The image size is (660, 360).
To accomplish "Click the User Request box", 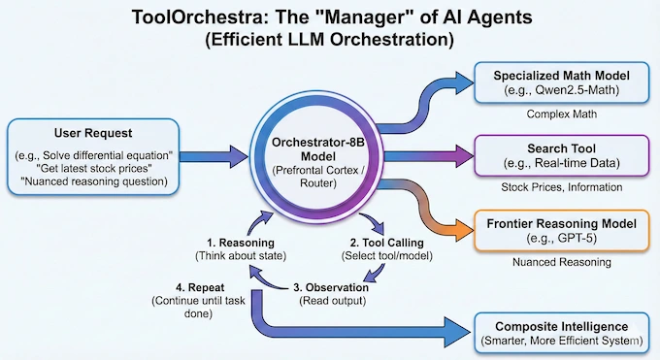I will pyautogui.click(x=93, y=155).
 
